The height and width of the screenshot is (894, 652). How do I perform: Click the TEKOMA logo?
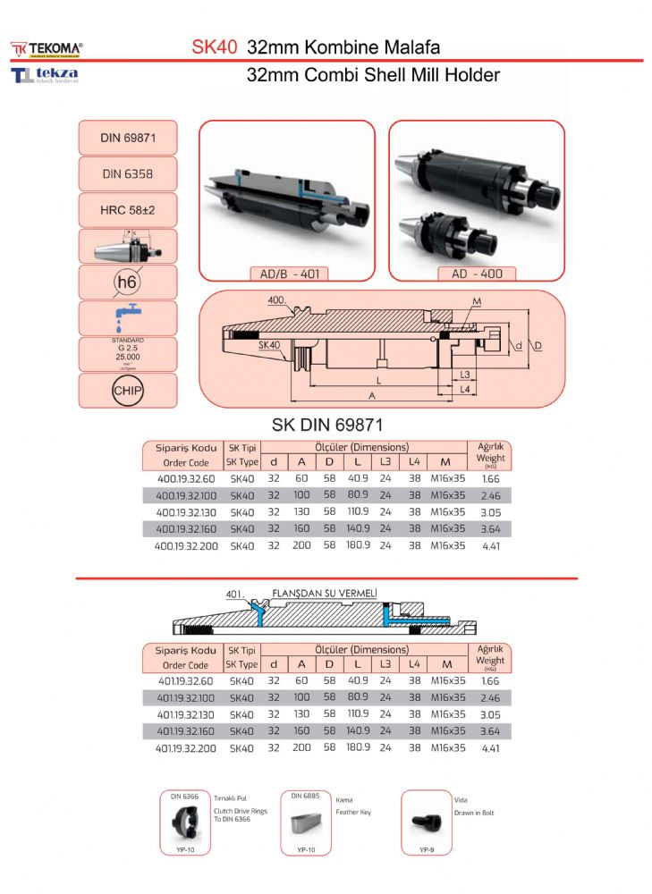(x=47, y=47)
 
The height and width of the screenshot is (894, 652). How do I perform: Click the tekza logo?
(x=45, y=75)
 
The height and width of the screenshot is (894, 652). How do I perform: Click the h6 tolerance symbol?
(x=127, y=282)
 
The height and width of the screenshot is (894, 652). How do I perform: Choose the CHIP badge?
(x=127, y=391)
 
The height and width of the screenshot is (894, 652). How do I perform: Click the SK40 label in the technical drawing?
(x=269, y=344)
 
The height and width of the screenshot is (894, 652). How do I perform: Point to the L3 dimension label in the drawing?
(x=464, y=374)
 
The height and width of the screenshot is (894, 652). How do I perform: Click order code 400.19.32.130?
(x=187, y=512)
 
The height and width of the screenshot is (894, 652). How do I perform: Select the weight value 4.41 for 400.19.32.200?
(x=490, y=545)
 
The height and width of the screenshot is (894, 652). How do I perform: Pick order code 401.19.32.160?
(x=187, y=730)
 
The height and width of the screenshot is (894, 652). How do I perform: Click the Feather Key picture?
(x=306, y=820)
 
